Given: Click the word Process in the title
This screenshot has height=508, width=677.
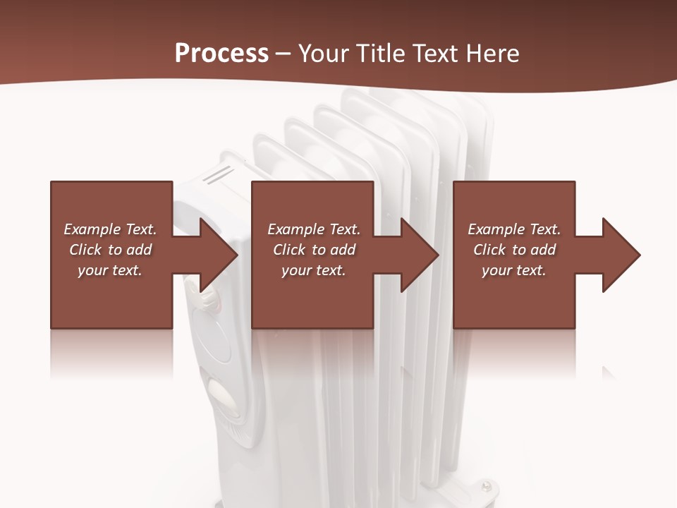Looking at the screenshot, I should tap(221, 54).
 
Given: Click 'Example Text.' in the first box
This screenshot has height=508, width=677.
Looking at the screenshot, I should tap(110, 229).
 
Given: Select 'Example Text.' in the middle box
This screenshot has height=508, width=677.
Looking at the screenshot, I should tap(313, 229).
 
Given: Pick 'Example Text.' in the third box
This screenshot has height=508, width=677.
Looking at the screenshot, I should tap(514, 229).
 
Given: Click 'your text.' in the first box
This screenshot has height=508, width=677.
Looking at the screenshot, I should tap(110, 270).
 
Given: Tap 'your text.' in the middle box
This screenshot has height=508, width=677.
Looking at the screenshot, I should tap(313, 270).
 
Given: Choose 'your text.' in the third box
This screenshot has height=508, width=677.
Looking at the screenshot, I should tap(514, 270).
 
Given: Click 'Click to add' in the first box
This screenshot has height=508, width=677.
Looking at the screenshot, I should tap(110, 250).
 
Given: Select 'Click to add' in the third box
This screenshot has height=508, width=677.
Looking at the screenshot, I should tap(514, 250).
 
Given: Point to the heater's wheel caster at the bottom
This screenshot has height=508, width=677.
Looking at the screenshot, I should tap(487, 486).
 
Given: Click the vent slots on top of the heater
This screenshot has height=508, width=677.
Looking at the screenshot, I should tap(219, 174).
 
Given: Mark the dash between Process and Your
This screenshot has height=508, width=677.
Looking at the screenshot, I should tap(283, 54).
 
